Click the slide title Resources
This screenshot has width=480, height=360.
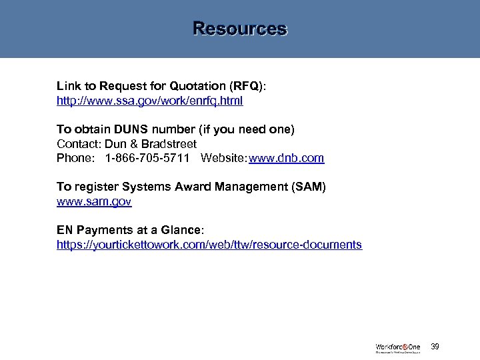(x=239, y=29)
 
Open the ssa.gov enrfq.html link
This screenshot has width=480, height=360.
(x=149, y=101)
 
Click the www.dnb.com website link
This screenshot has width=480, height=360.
(x=287, y=158)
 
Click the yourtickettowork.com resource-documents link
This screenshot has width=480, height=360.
(x=209, y=245)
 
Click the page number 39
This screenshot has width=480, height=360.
(x=435, y=347)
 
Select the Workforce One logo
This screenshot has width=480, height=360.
(x=398, y=347)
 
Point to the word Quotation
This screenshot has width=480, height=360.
(x=199, y=86)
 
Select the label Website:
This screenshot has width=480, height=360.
(x=223, y=158)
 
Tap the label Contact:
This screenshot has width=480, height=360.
(x=77, y=143)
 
